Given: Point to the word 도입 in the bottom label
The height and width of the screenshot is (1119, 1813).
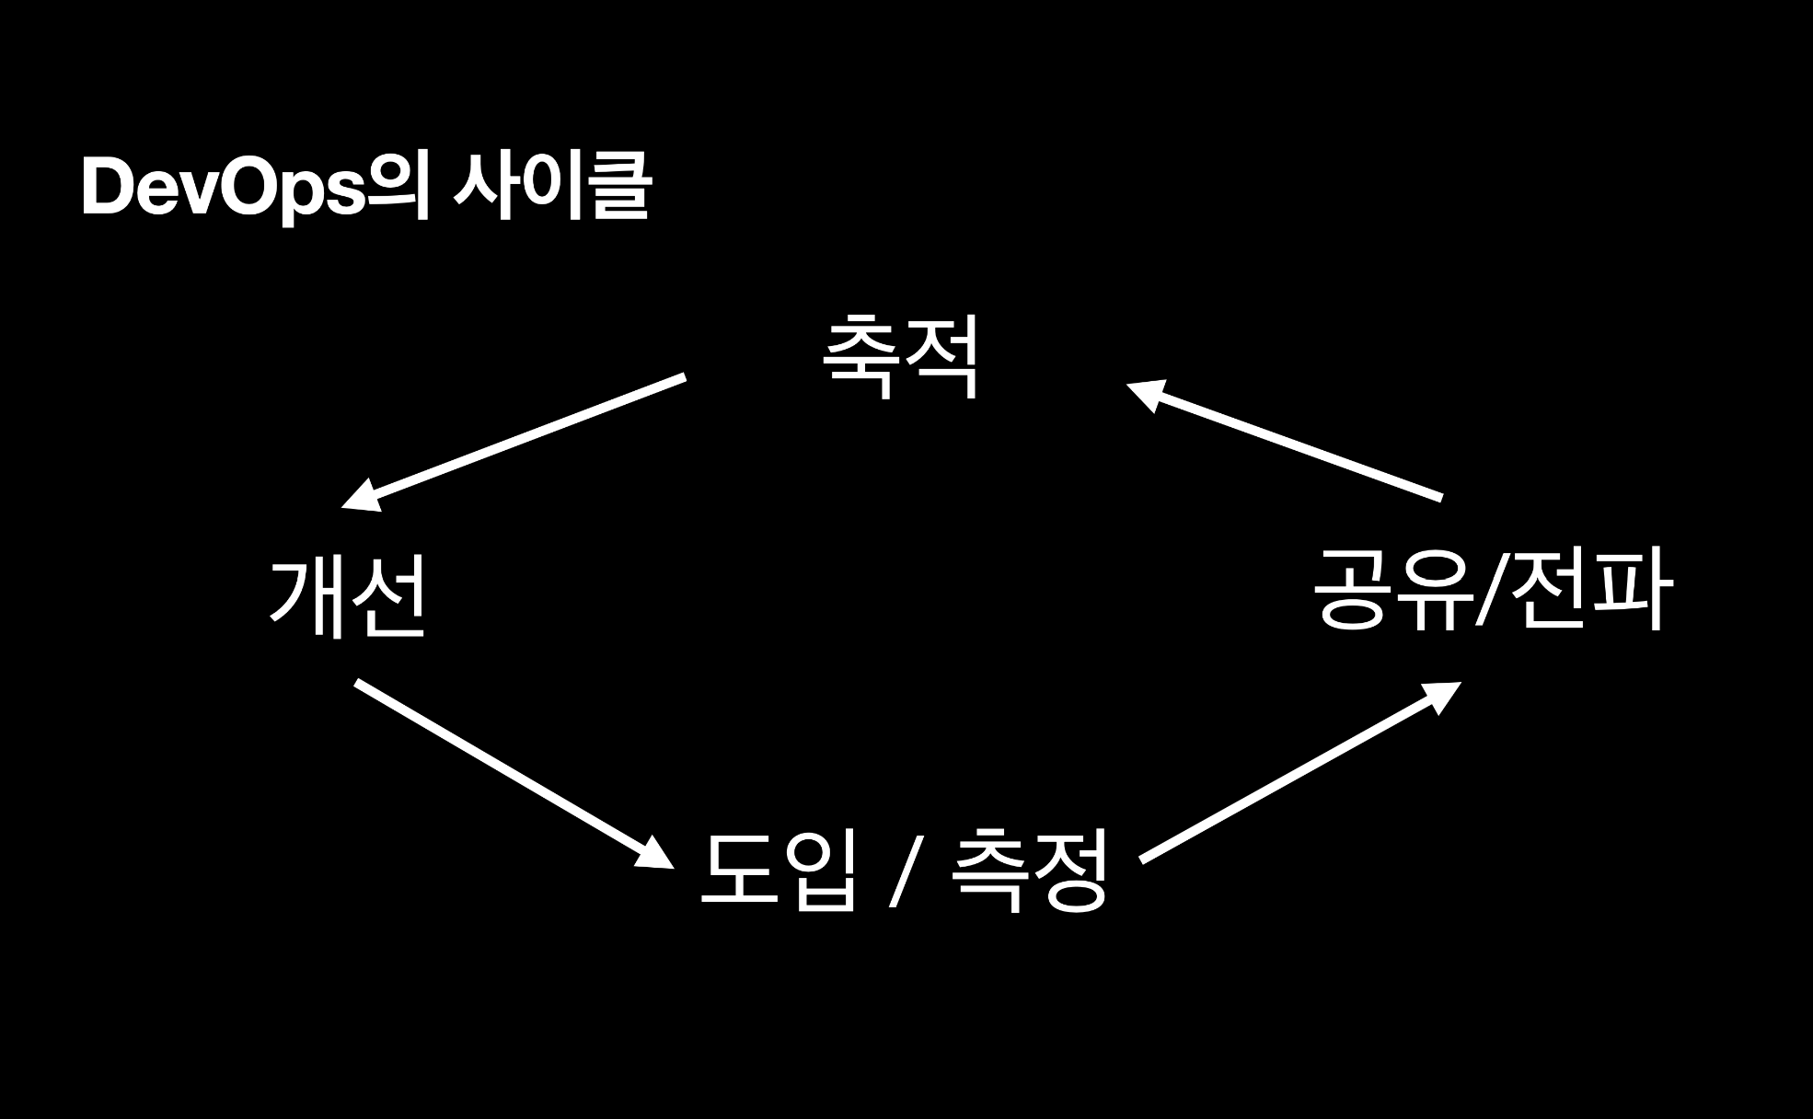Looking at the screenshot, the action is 779,869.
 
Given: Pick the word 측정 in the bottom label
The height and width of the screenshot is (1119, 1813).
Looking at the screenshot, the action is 1028,869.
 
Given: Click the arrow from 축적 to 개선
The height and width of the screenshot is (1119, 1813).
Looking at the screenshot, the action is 525,437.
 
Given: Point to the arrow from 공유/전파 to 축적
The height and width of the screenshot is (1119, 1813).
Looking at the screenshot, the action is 1288,442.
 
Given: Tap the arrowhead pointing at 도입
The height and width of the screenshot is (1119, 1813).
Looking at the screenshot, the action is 655,855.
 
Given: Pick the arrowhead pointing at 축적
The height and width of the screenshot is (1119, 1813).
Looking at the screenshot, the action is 1146,393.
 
